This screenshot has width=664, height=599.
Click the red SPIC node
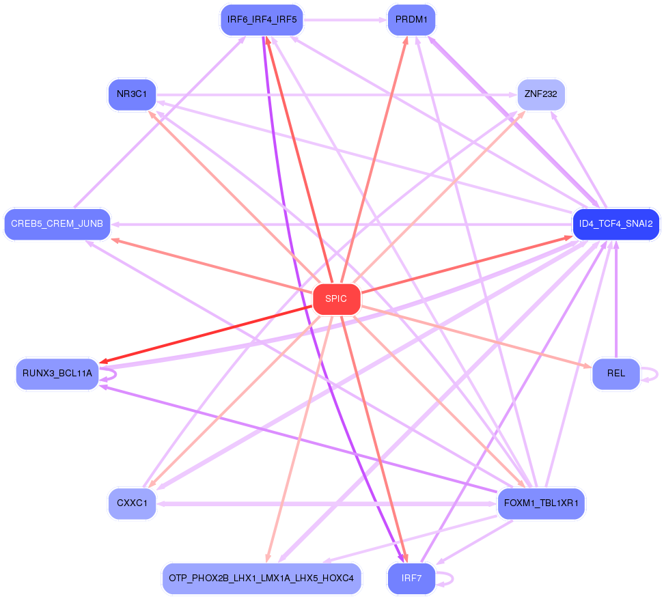[336, 299]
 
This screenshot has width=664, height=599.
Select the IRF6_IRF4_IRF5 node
[262, 20]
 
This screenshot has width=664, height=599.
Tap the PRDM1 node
[411, 20]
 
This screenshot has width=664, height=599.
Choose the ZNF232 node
[540, 94]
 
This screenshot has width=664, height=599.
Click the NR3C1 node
[132, 94]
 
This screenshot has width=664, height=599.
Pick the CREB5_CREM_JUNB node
[57, 224]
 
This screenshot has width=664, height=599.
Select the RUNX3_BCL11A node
[57, 374]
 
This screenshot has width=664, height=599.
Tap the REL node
[615, 374]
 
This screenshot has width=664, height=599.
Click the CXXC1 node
[132, 504]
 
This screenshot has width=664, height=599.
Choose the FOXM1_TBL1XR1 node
[540, 504]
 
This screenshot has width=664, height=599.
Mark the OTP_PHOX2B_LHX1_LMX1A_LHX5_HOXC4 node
[262, 579]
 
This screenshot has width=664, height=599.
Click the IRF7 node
[411, 579]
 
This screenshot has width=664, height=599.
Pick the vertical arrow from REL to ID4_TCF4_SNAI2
[616, 301]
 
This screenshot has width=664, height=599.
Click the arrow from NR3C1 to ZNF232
[335, 94]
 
